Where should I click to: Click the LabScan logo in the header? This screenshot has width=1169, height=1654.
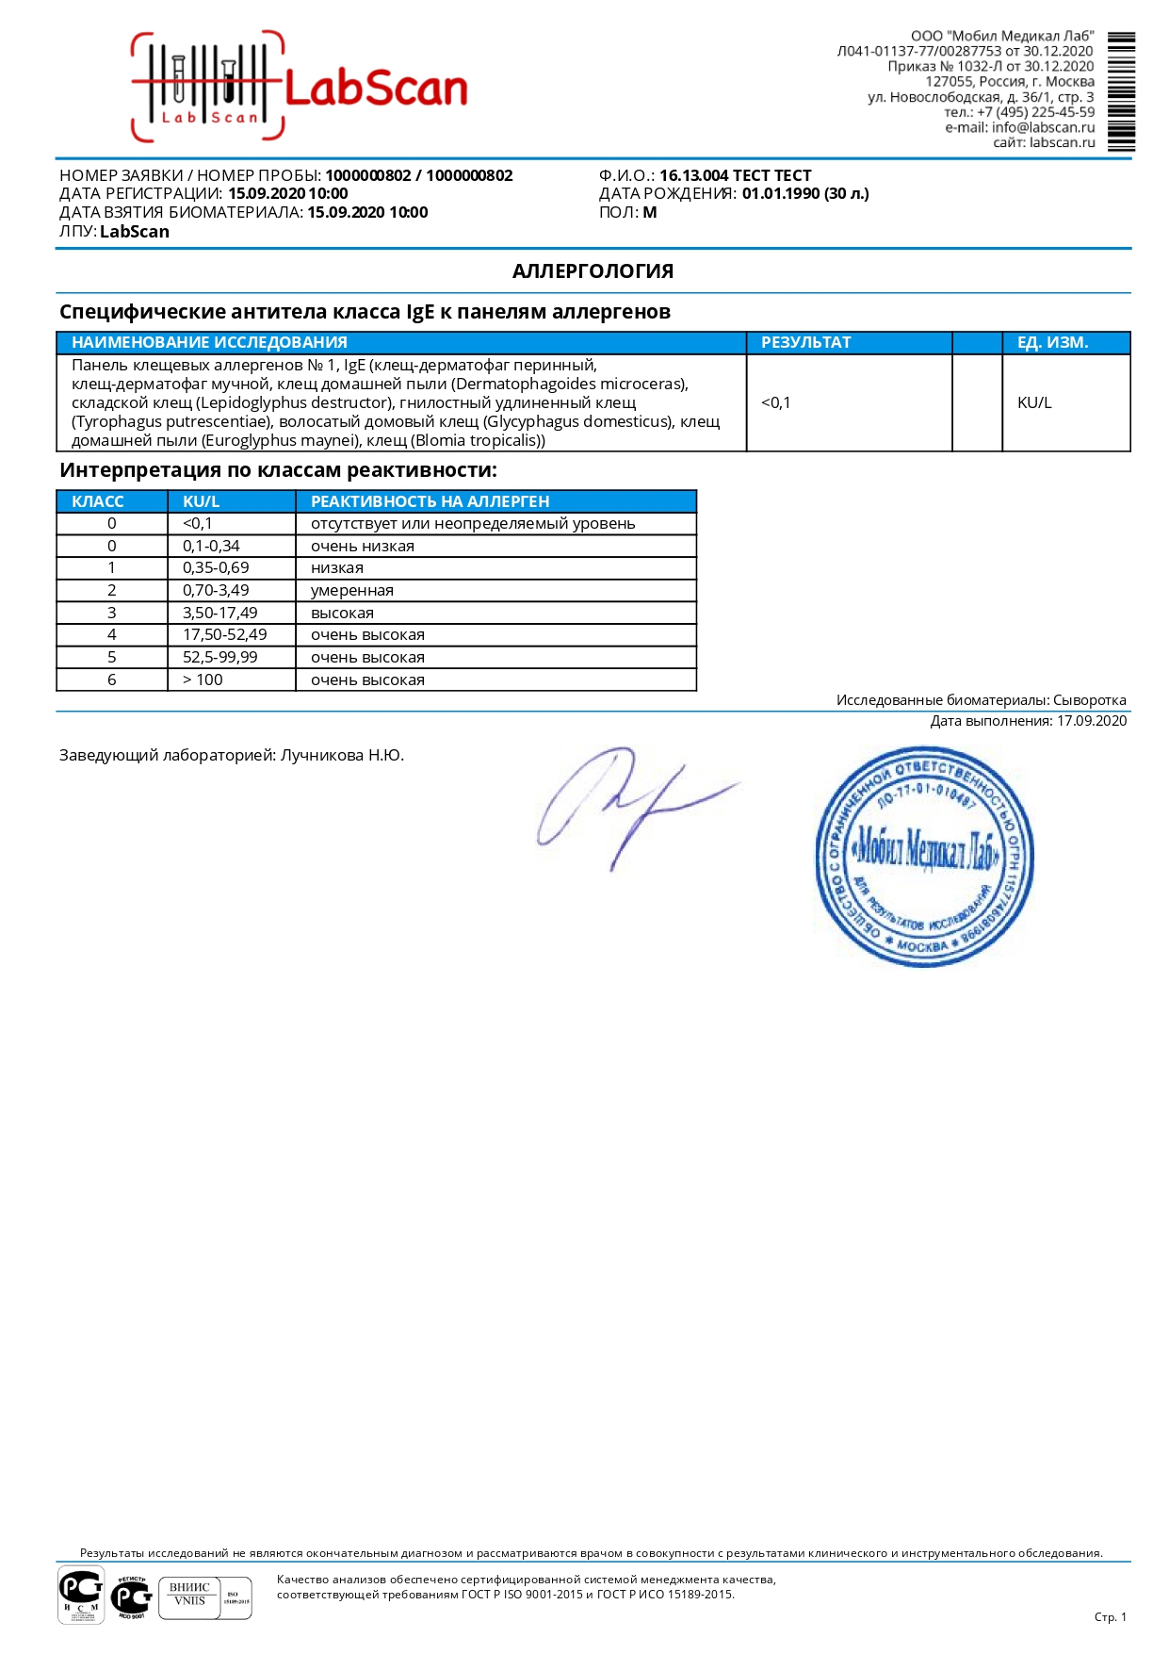(x=300, y=88)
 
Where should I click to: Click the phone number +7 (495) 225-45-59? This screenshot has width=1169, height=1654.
(x=1035, y=112)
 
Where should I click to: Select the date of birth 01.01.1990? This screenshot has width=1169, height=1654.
(x=780, y=194)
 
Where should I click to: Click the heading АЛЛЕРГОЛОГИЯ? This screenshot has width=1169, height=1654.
(x=593, y=271)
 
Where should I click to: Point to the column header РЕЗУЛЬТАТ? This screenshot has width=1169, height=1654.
(x=805, y=342)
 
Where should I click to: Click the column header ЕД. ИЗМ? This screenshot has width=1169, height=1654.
(x=1052, y=342)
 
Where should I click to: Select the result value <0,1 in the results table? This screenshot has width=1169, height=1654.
(x=776, y=403)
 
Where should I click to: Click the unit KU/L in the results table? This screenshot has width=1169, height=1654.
(x=1034, y=403)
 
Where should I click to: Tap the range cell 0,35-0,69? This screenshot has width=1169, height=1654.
(x=216, y=568)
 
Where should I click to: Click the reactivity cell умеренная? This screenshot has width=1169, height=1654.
(x=352, y=591)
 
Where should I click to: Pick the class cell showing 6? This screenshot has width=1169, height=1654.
(x=112, y=680)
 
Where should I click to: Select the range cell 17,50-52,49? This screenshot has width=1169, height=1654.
(x=224, y=635)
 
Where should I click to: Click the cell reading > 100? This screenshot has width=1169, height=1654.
(x=203, y=680)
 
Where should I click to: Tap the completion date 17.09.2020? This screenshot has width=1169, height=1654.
(x=1091, y=721)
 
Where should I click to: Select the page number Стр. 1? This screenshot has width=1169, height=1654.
(x=1110, y=1617)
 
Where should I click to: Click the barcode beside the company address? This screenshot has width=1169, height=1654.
(x=1121, y=91)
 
